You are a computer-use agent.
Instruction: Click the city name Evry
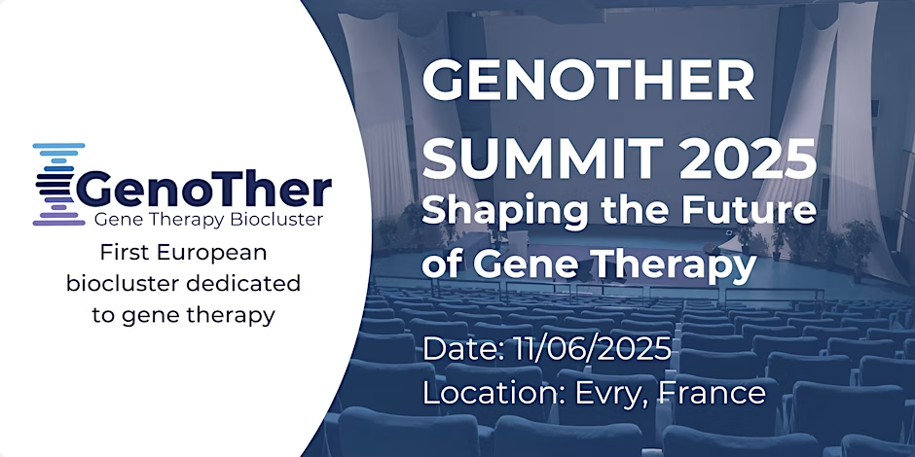pyautogui.click(x=612, y=394)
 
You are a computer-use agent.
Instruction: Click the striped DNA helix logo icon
pyautogui.click(x=58, y=184)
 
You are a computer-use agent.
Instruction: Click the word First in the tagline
pyautogui.click(x=120, y=253)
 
